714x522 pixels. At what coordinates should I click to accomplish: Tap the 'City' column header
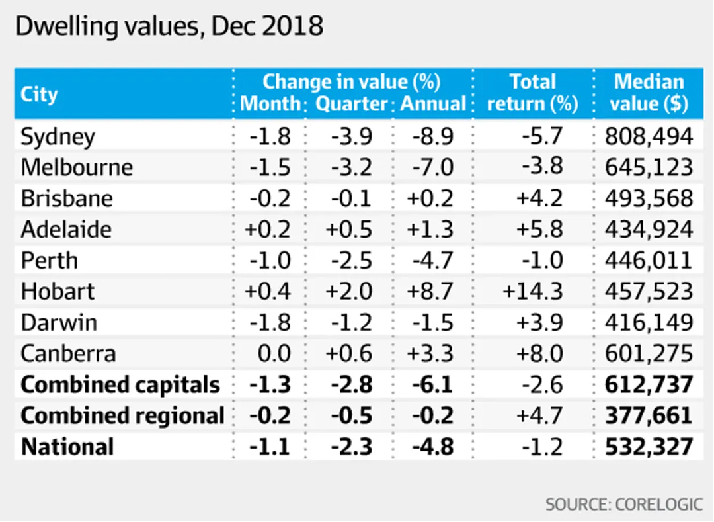pyautogui.click(x=39, y=95)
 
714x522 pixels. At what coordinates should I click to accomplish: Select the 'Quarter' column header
pyautogui.click(x=351, y=103)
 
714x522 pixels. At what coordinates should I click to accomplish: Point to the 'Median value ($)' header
pyautogui.click(x=649, y=93)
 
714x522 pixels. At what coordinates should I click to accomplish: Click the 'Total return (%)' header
pyautogui.click(x=532, y=93)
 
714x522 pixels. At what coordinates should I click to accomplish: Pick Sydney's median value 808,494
pyautogui.click(x=649, y=136)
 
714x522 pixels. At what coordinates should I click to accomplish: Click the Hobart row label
pyautogui.click(x=58, y=291)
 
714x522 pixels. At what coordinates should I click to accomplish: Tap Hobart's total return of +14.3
pyautogui.click(x=533, y=291)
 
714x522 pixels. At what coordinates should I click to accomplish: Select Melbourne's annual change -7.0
pyautogui.click(x=432, y=167)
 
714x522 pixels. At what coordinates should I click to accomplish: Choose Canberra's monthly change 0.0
pyautogui.click(x=274, y=353)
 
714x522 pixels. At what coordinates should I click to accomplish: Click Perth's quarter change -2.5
pyautogui.click(x=352, y=261)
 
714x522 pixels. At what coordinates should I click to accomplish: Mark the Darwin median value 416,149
pyautogui.click(x=649, y=322)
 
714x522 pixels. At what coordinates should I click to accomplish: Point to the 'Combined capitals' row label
pyautogui.click(x=120, y=385)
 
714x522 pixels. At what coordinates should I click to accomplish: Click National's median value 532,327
pyautogui.click(x=649, y=447)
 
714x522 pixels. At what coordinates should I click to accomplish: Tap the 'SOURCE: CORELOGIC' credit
pyautogui.click(x=624, y=505)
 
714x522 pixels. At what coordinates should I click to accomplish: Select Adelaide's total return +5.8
pyautogui.click(x=539, y=229)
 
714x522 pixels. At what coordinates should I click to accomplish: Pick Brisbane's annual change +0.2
pyautogui.click(x=430, y=198)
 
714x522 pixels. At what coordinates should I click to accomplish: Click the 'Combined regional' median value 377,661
pyautogui.click(x=649, y=415)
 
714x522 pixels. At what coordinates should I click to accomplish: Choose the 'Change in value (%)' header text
pyautogui.click(x=352, y=82)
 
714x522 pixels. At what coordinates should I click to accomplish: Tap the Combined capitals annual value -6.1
pyautogui.click(x=432, y=385)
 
